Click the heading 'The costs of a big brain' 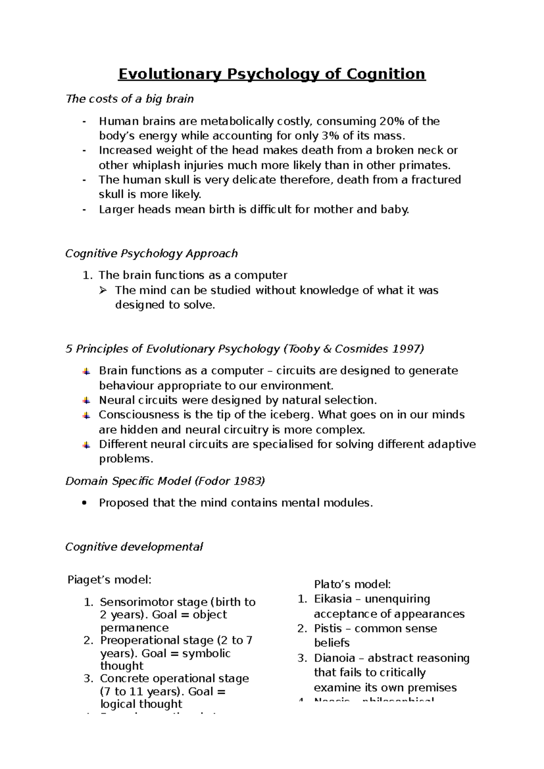(x=130, y=99)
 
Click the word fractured (x=436, y=180)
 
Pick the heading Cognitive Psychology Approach (x=151, y=253)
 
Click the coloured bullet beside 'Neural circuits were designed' (x=86, y=401)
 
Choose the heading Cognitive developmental (x=134, y=547)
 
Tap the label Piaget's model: (x=109, y=580)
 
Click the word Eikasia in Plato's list (x=333, y=599)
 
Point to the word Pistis (x=328, y=628)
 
